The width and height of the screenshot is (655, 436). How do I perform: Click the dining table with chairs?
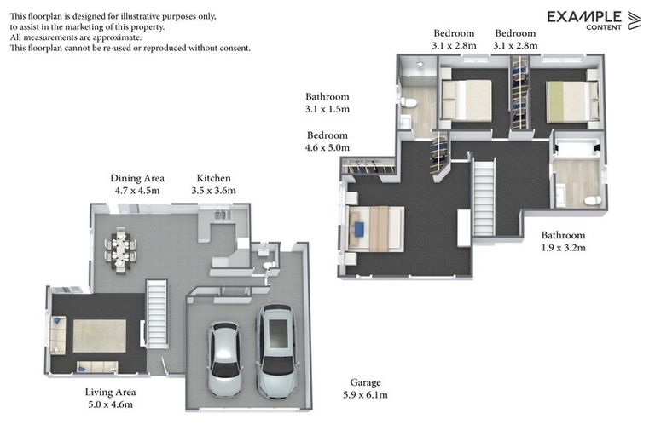(120, 250)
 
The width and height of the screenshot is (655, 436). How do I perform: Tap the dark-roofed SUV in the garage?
(276, 350)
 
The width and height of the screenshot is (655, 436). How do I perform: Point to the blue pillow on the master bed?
(359, 229)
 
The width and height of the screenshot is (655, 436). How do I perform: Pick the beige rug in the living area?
(99, 335)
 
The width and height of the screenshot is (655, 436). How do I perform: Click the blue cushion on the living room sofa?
(58, 322)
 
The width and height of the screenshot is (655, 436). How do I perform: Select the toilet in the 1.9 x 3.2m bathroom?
(592, 201)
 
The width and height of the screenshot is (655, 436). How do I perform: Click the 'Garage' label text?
(365, 382)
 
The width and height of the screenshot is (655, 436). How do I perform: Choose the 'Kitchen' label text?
(213, 178)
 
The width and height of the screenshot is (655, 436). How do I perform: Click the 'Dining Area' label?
(137, 178)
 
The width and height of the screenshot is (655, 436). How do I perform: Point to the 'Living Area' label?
(110, 393)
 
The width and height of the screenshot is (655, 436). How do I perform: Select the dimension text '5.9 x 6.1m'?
(365, 395)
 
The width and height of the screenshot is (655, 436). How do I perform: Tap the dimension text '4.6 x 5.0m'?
(327, 148)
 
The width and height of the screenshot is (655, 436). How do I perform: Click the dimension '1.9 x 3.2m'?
(563, 248)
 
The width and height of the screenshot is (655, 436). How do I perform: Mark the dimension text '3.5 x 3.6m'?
(213, 191)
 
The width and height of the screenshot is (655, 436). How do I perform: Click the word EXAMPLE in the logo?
(583, 16)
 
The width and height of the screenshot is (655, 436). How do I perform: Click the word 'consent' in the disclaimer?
(230, 49)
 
